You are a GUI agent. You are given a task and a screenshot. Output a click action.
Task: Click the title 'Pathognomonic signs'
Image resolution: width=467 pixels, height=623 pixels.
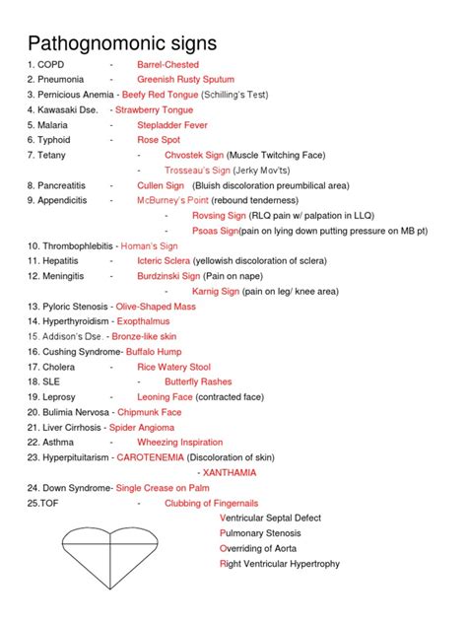122,43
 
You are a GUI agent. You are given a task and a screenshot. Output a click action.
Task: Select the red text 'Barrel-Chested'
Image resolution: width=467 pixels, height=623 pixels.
168,64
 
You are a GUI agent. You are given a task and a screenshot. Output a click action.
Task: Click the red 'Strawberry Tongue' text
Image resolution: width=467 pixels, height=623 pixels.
155,109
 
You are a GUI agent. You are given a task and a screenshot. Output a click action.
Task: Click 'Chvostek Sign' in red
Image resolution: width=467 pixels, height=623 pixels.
193,155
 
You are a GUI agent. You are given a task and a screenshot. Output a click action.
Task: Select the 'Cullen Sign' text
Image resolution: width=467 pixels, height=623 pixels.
161,184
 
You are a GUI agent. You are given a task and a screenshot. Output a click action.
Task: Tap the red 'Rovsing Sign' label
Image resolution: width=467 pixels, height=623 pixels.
198,215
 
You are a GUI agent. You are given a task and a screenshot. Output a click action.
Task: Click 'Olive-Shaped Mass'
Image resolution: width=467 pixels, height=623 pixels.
155,307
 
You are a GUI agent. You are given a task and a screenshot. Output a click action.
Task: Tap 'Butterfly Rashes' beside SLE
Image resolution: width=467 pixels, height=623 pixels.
198,381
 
